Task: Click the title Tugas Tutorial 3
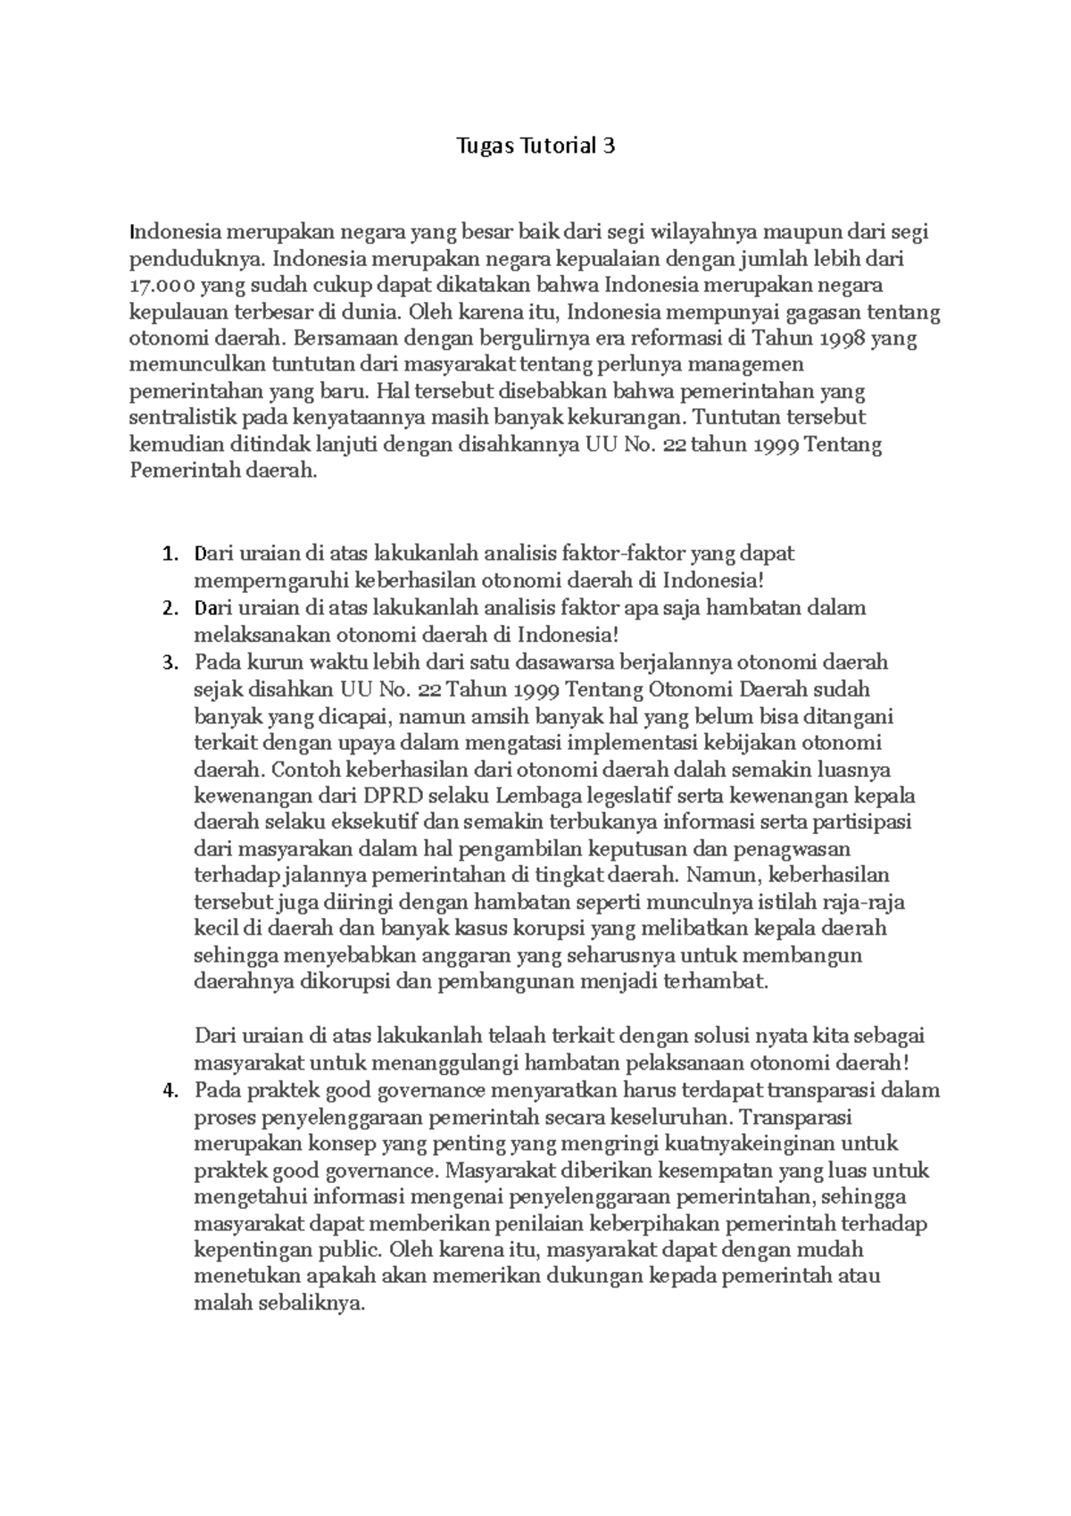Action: [x=535, y=146]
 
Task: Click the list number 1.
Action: [x=170, y=554]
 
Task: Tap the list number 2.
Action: [x=170, y=608]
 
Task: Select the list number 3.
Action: [x=170, y=662]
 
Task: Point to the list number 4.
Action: [x=170, y=1090]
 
